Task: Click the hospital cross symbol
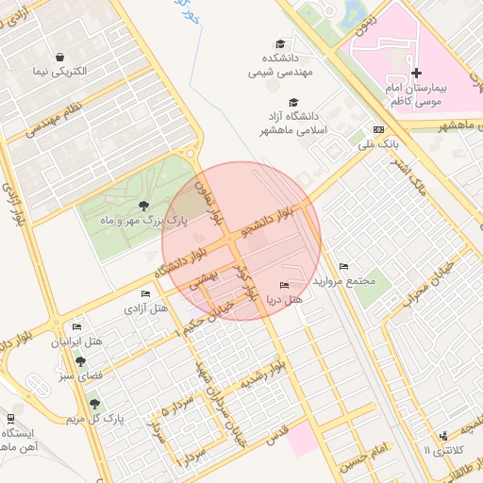(416, 73)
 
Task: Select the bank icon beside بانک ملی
(379, 129)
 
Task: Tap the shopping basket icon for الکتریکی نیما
(60, 57)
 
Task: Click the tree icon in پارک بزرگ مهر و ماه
(143, 205)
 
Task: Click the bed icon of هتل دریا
(285, 286)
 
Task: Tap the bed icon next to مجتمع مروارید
(343, 266)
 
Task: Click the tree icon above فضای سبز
(80, 361)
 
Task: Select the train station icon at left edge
(9, 418)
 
